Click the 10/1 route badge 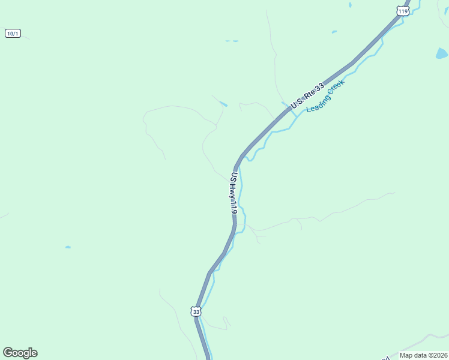[13, 33]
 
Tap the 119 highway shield [402, 11]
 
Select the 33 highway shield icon [196, 311]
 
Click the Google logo [20, 353]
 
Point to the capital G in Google [8, 353]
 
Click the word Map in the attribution [407, 355]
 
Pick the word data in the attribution [422, 355]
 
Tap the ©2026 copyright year [439, 355]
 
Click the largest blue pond [442, 53]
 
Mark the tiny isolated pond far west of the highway [68, 247]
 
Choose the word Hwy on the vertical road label [232, 191]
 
